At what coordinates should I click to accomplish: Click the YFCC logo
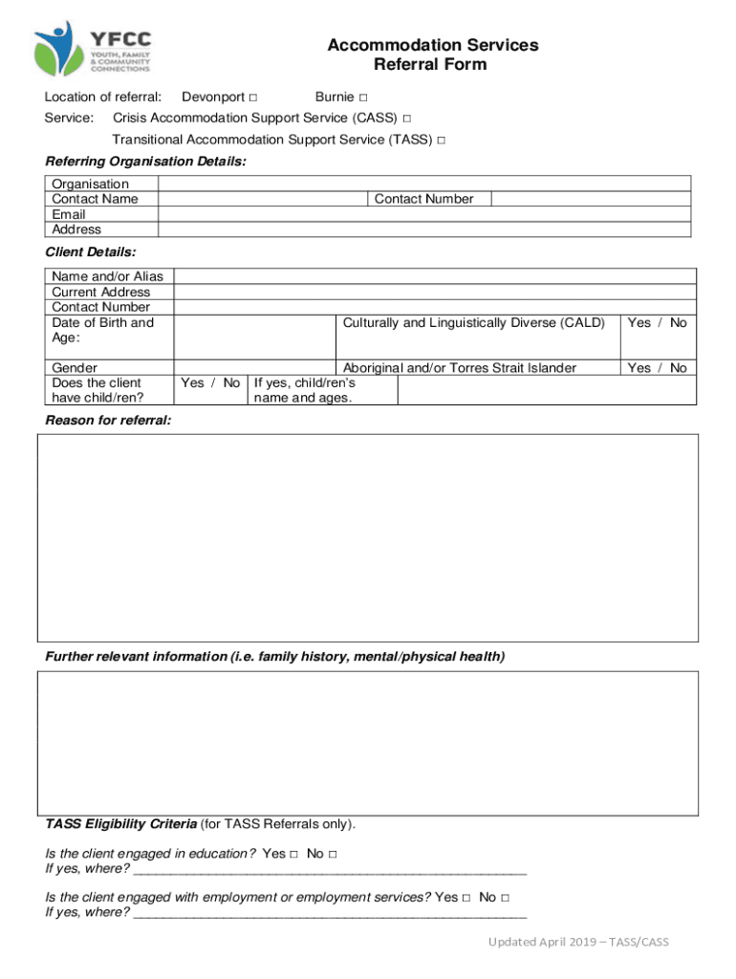click(93, 49)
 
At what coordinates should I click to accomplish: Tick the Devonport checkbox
click(252, 98)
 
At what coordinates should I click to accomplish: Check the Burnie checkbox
click(363, 98)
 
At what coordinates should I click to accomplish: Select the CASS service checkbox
click(407, 119)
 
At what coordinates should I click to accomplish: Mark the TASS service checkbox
click(441, 141)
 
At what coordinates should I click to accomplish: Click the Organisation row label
click(90, 184)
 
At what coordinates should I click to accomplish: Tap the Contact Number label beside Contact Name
click(423, 199)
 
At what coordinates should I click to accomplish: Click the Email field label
click(69, 214)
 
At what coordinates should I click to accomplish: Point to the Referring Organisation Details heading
click(145, 162)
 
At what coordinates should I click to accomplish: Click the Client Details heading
click(91, 252)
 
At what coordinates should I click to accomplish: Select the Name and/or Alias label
click(107, 276)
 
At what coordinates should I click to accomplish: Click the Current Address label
click(100, 292)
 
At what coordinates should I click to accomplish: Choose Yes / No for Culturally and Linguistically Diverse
click(657, 322)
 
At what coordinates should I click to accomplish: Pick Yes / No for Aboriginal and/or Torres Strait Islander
click(657, 368)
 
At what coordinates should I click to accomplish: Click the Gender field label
click(75, 368)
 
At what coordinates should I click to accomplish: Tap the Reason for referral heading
click(108, 421)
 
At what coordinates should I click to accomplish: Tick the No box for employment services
click(504, 898)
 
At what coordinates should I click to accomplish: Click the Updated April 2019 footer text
click(578, 942)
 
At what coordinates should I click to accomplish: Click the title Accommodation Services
click(432, 45)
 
